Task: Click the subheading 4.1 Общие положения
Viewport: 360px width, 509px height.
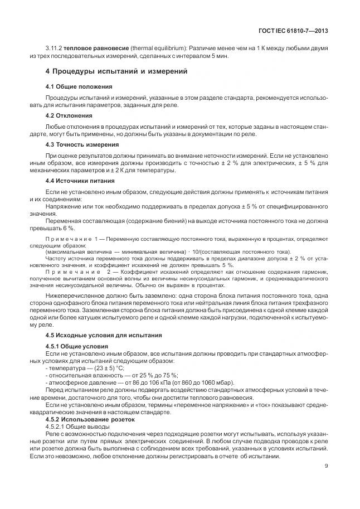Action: click(79, 87)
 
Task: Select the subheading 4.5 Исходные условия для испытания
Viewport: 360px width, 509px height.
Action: click(103, 335)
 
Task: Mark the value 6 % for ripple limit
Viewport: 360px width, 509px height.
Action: click(69, 228)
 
